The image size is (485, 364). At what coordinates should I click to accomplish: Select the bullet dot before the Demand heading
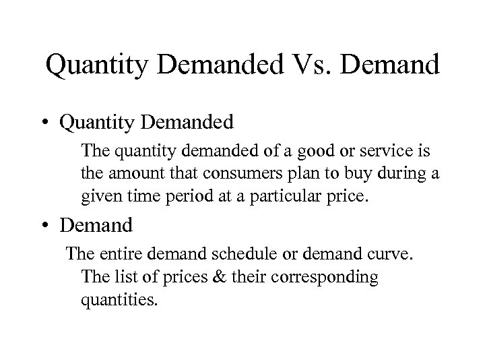(x=46, y=223)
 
